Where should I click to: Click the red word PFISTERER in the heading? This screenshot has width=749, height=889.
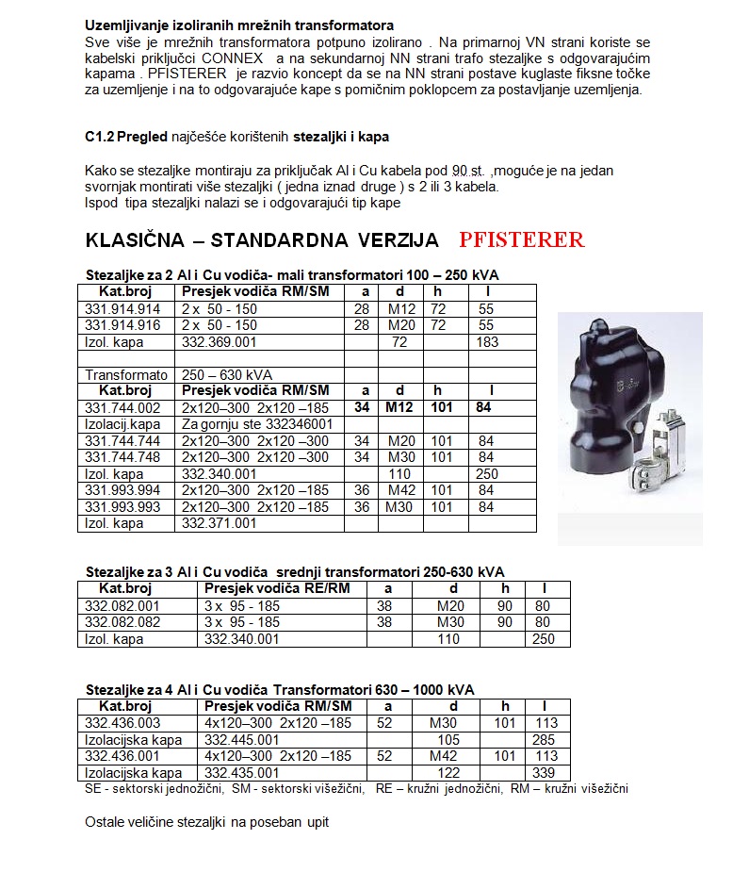[x=521, y=239]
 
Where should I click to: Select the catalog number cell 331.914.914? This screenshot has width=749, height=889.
[x=122, y=309]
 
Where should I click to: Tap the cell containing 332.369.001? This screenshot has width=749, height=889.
[x=219, y=342]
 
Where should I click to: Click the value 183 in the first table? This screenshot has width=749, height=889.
[x=487, y=342]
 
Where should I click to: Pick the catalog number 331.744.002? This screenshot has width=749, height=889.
[x=122, y=407]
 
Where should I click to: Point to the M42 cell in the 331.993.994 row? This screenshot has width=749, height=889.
[x=399, y=490]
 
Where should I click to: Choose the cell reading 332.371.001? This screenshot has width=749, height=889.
[x=219, y=523]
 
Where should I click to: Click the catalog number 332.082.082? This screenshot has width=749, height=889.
[x=122, y=622]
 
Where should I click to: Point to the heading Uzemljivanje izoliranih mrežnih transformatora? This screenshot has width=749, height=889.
[x=239, y=25]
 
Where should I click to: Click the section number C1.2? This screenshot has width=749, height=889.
[x=99, y=137]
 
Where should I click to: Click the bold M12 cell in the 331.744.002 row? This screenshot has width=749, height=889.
[x=399, y=407]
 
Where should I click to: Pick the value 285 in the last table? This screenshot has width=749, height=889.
[x=543, y=740]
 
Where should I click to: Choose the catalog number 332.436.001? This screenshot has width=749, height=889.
[x=122, y=756]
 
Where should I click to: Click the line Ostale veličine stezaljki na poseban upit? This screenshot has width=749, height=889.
[x=206, y=822]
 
